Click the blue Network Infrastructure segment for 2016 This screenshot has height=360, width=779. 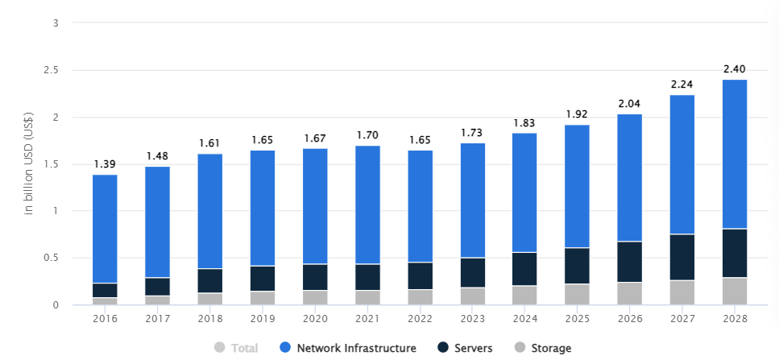105,229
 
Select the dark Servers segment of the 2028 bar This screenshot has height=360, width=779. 735,253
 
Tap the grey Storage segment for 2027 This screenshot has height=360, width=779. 682,292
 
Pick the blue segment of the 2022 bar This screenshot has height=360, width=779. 421,206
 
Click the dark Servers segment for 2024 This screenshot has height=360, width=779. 524,269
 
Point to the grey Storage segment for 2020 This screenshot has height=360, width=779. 316,297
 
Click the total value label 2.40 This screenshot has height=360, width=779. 735,69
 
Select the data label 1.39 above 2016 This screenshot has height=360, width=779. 105,164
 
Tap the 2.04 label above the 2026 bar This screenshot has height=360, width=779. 630,104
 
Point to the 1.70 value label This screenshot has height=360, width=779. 368,135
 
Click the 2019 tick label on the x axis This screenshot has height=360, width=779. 263,318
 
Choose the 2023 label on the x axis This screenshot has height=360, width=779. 473,318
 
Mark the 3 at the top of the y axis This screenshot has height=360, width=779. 56,23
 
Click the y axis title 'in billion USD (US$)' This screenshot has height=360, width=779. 29,163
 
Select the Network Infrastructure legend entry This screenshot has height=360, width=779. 348,348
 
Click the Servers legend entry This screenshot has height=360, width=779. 466,348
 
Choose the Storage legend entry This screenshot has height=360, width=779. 543,348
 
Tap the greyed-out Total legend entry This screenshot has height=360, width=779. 236,348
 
